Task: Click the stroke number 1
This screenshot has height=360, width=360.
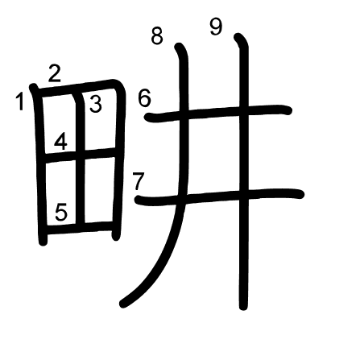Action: click(x=19, y=101)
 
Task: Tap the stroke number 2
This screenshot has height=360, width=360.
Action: click(x=55, y=73)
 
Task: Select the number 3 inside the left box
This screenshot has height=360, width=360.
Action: click(x=96, y=104)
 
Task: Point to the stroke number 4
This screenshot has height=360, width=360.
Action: click(x=60, y=142)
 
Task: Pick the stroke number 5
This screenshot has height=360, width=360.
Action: click(x=61, y=212)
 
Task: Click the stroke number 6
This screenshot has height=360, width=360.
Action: click(x=144, y=98)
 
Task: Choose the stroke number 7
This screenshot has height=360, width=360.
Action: click(x=139, y=181)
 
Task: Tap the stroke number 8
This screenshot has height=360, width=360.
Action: click(x=157, y=35)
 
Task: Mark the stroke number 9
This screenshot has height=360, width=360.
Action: click(x=217, y=27)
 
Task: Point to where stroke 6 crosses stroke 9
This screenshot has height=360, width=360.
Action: click(x=243, y=110)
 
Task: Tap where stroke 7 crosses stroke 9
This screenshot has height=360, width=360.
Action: click(x=244, y=194)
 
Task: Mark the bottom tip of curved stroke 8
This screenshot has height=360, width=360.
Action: click(x=123, y=304)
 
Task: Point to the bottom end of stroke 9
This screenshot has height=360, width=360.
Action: click(x=243, y=306)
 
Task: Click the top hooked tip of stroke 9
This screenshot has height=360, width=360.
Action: click(x=238, y=36)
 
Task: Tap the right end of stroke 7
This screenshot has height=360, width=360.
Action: click(x=300, y=194)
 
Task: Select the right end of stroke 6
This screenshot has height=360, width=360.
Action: click(x=288, y=110)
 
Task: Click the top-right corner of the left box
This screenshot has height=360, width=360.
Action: click(x=119, y=85)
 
